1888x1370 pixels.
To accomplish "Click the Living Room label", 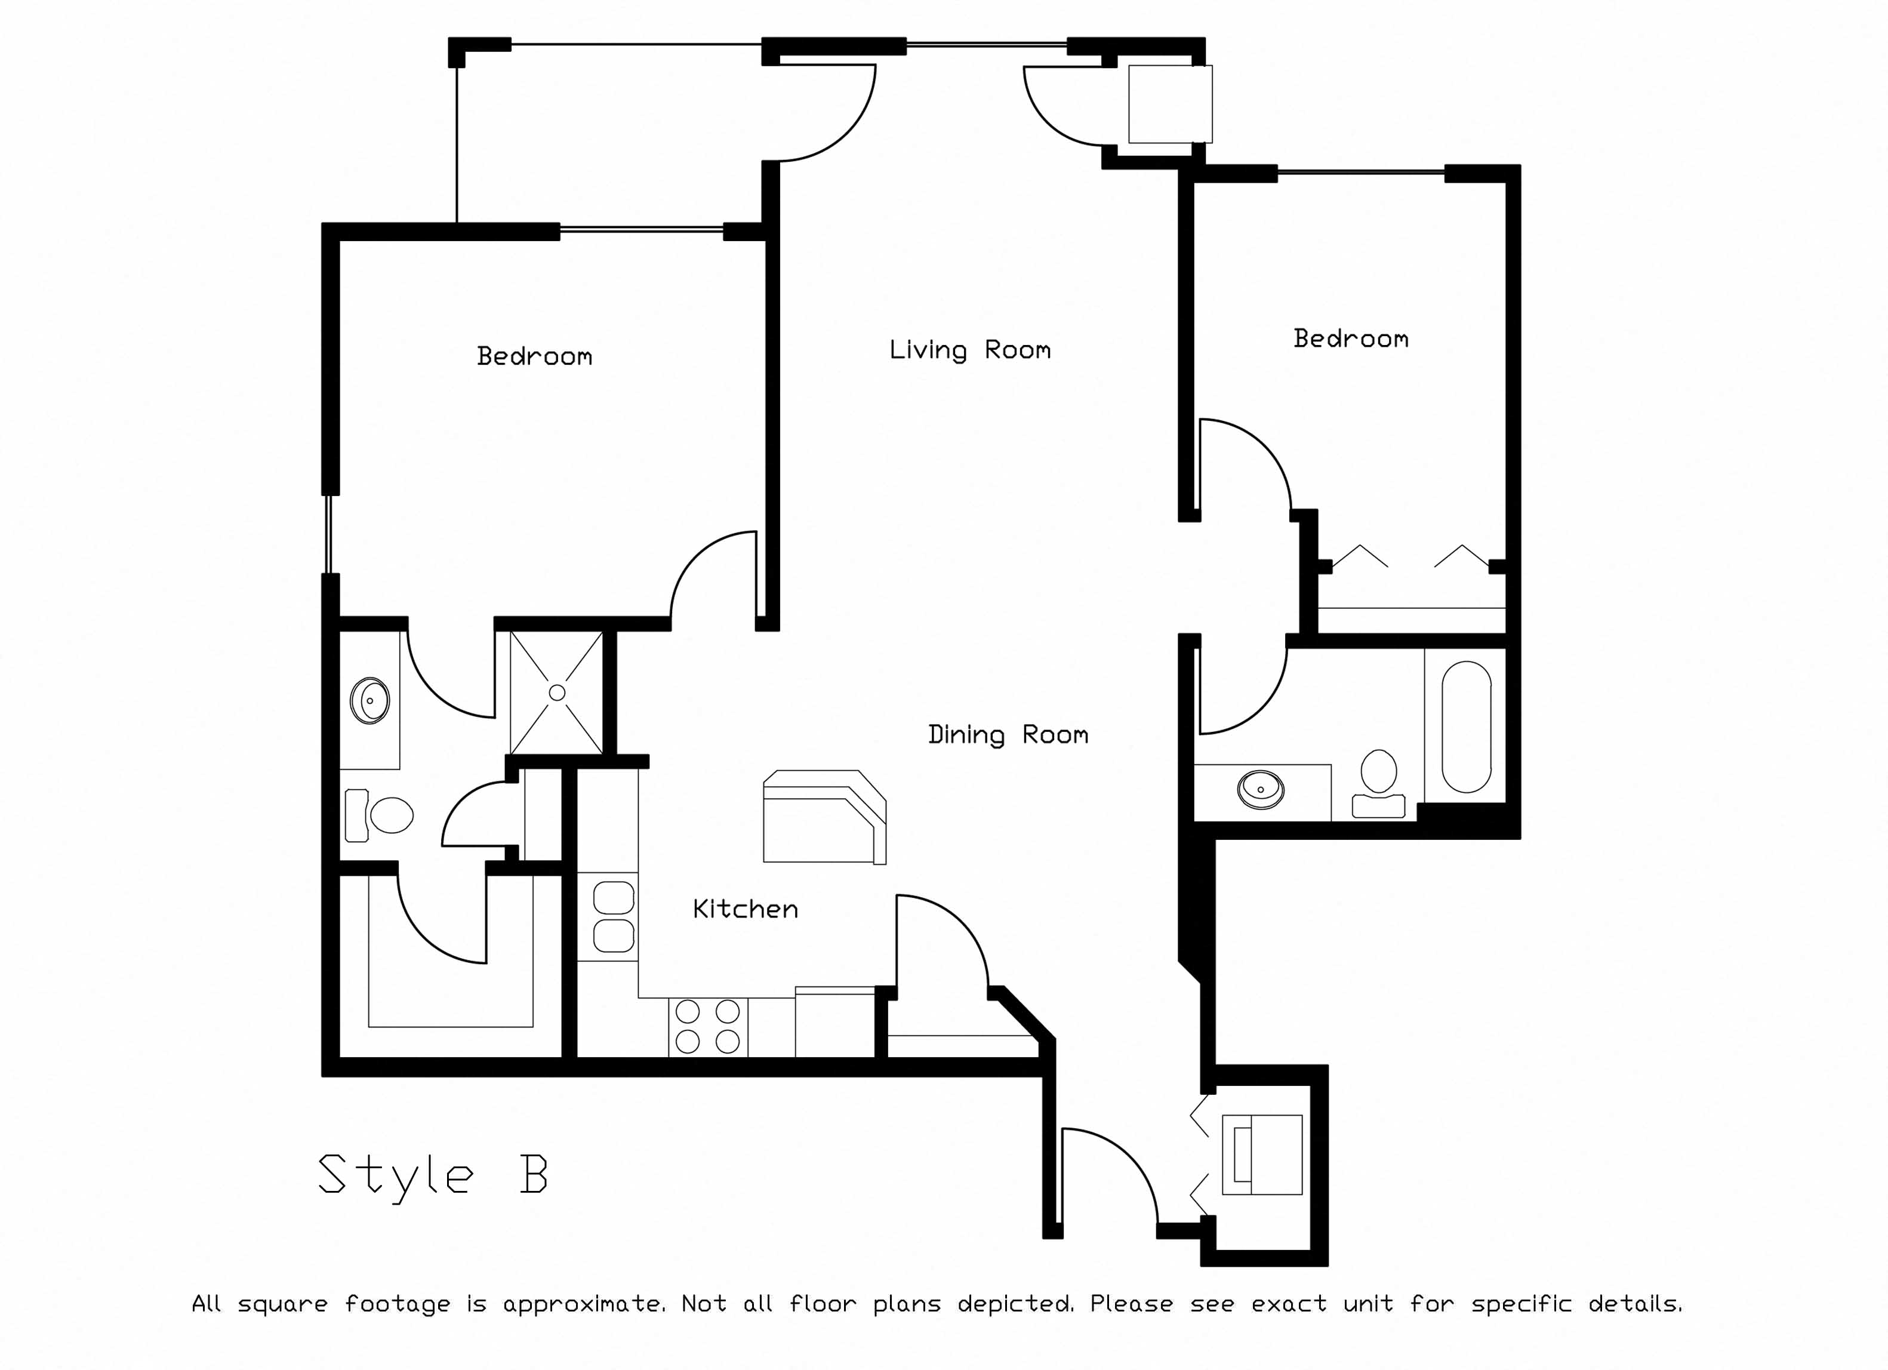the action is [x=970, y=350].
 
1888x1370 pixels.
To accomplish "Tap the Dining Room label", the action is [x=1008, y=735].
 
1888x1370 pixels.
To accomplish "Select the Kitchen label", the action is [x=745, y=909].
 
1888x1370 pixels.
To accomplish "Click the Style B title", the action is [x=433, y=1174].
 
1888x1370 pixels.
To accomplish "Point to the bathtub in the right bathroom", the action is [x=1466, y=726].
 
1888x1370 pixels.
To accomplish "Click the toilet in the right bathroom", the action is [x=1378, y=783].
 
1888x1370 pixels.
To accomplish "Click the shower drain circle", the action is [x=557, y=692].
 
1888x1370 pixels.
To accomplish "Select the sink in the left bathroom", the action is [x=369, y=701].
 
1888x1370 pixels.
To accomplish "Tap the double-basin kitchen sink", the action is [x=614, y=916].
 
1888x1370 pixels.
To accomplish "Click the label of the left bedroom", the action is [x=534, y=356].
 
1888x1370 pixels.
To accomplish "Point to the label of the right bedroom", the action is [x=1351, y=338].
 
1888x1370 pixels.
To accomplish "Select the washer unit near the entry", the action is [x=1261, y=1155].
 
